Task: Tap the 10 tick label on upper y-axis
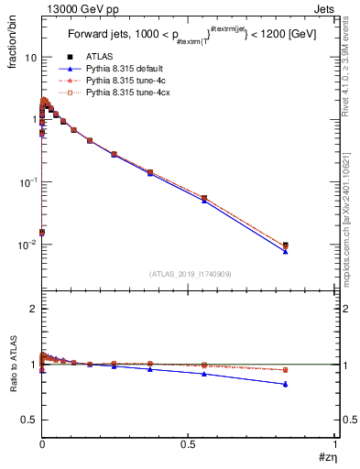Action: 30,58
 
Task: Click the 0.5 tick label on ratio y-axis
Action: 27,420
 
